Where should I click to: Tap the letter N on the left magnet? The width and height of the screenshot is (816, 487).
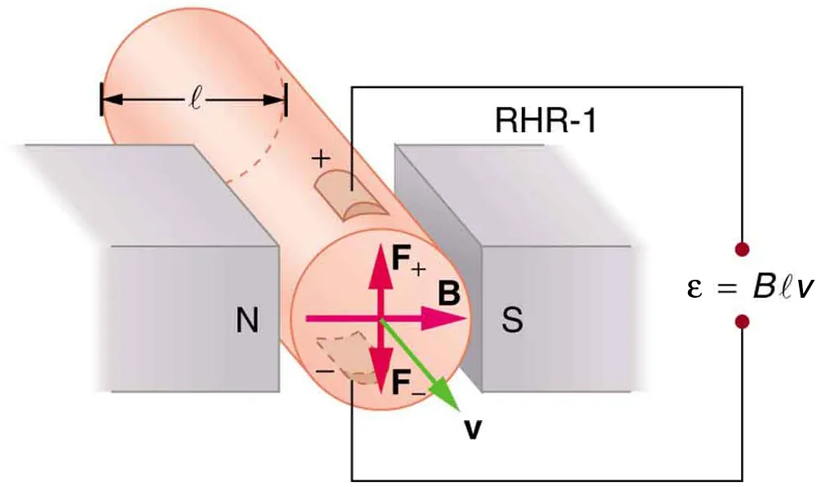[247, 321]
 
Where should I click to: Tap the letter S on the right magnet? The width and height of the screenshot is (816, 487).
[512, 321]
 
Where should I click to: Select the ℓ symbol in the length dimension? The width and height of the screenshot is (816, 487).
[195, 103]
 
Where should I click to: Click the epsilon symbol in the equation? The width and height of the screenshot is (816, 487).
[695, 288]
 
